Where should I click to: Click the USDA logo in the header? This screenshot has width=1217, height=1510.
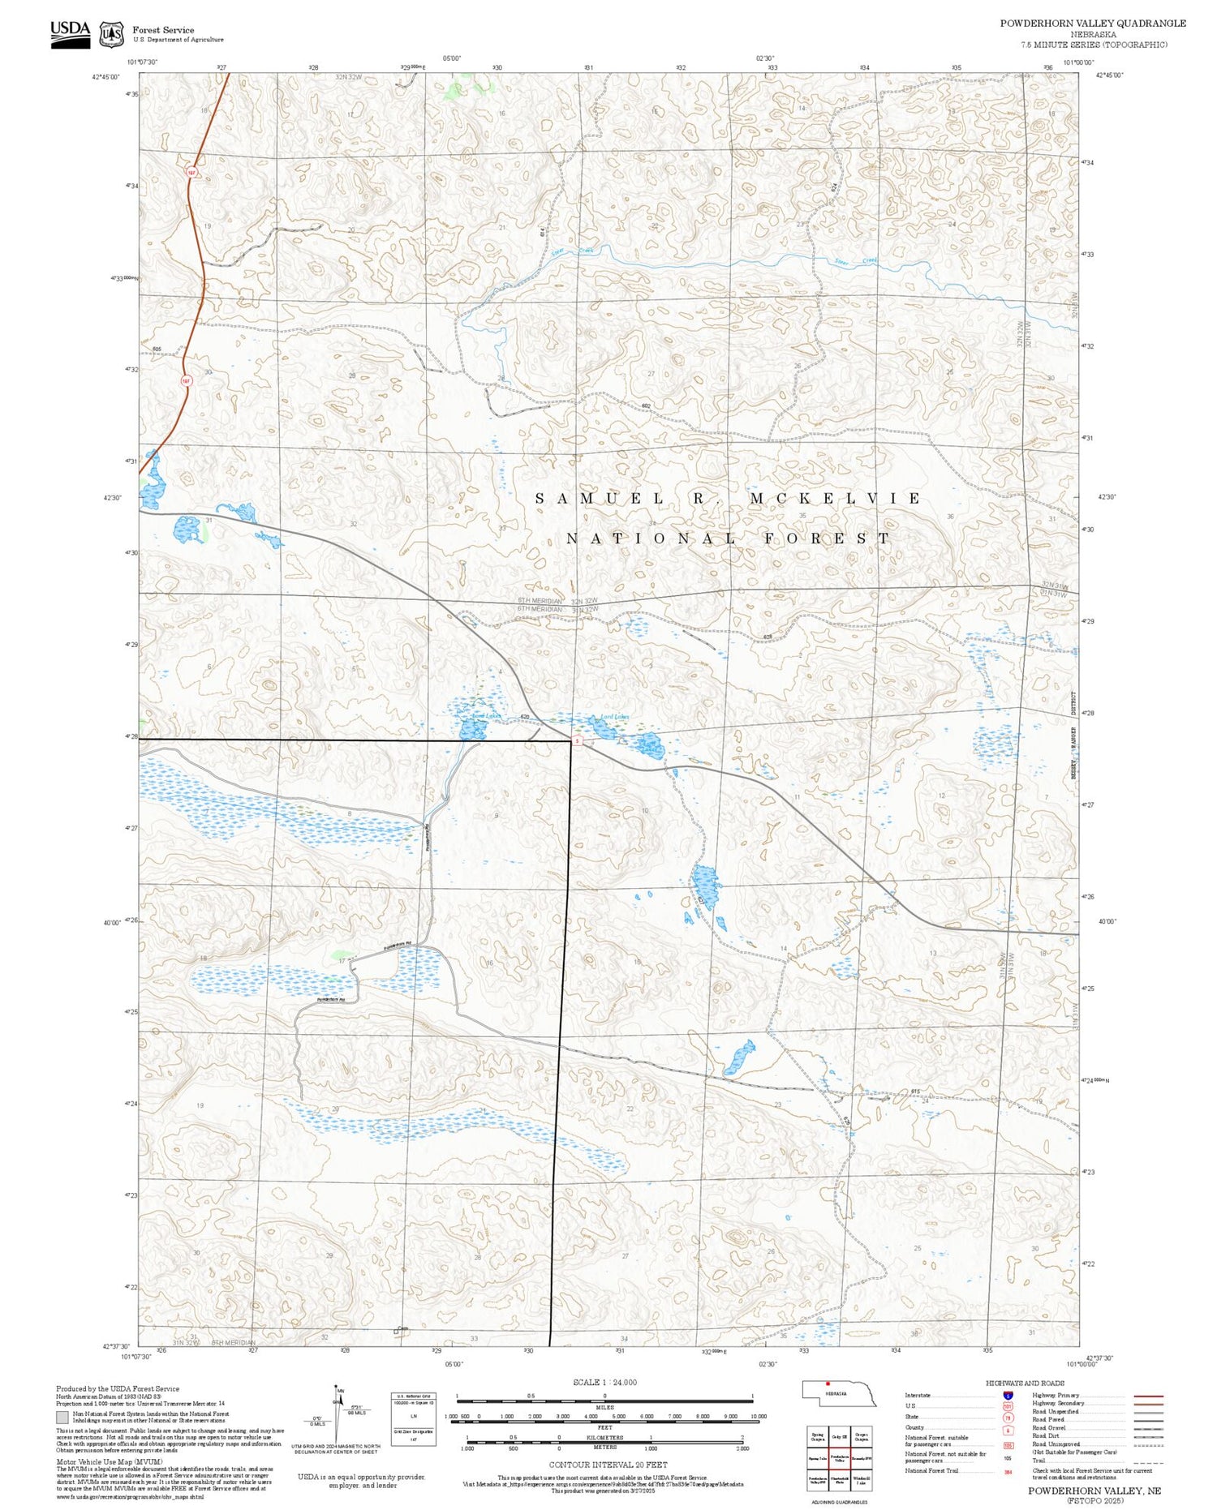(x=70, y=34)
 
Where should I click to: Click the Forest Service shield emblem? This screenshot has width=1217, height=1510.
(x=111, y=35)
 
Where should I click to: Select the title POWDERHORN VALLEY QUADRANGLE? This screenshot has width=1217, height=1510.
(x=1092, y=24)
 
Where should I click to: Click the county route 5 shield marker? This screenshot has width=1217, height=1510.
(x=576, y=742)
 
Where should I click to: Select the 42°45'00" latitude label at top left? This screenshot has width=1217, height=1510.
(x=106, y=77)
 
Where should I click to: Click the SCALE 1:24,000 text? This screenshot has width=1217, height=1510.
(x=604, y=1383)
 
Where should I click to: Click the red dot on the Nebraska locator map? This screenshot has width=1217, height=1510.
(x=828, y=1384)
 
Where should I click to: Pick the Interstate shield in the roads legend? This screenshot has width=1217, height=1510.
(x=1007, y=1395)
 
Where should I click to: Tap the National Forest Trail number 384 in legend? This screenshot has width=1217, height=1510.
(x=1007, y=1471)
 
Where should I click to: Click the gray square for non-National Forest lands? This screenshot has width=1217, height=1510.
(x=62, y=1417)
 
